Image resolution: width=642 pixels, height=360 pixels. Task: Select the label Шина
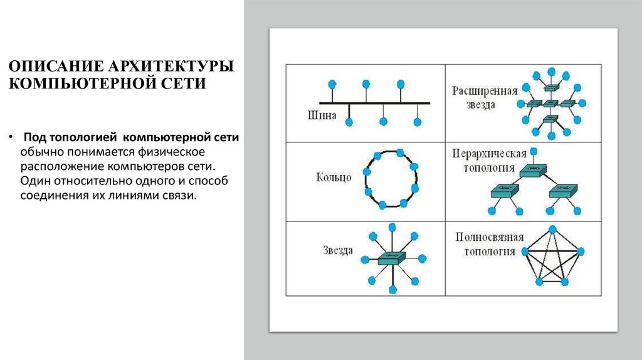coord(322,115)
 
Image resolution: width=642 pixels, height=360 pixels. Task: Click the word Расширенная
coord(485,90)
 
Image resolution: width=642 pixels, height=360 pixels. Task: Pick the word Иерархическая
coord(485,154)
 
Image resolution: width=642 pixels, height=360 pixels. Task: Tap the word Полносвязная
coord(485,238)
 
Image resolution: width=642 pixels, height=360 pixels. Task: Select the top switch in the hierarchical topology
coord(533,169)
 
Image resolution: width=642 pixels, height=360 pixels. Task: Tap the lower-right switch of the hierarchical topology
coord(562,191)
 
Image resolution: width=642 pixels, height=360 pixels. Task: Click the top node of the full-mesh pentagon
coord(552,228)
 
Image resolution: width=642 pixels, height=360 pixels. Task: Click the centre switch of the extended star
coord(550,103)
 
